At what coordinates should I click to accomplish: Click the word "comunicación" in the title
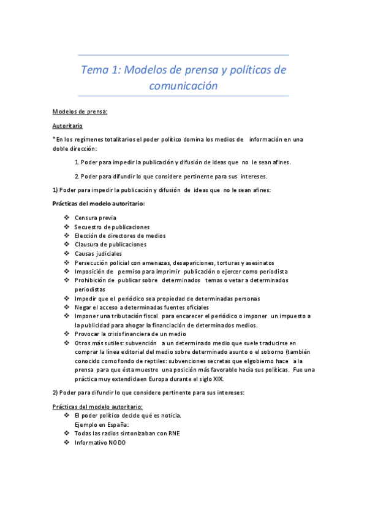tap(183, 86)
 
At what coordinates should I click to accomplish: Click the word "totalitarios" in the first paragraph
tap(130, 139)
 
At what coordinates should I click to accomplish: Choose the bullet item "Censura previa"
tap(96, 218)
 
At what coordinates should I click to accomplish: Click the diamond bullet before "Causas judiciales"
tap(67, 253)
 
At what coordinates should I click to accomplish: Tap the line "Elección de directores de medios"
tap(120, 235)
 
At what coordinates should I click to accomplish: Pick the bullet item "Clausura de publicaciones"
tap(111, 244)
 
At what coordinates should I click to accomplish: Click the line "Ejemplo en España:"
tap(102, 424)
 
